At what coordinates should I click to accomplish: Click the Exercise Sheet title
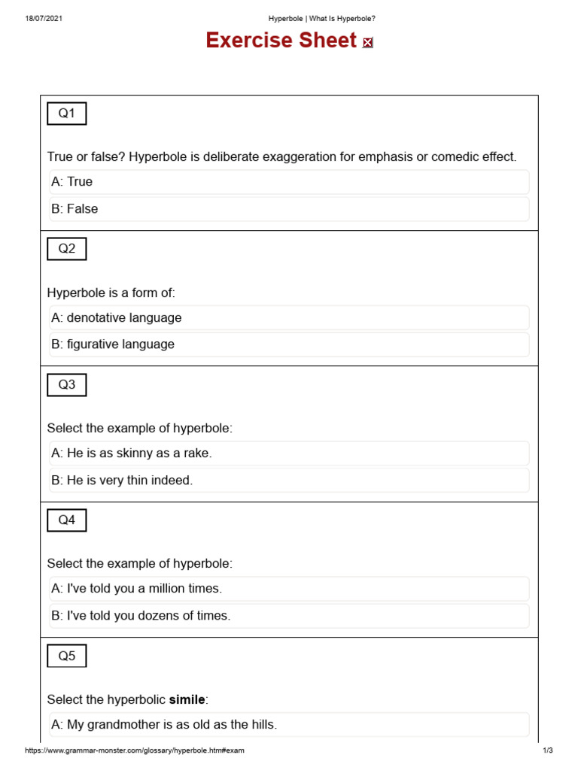[x=281, y=41]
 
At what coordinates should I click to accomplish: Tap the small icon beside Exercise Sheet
[x=367, y=43]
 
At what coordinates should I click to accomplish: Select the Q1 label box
[x=67, y=114]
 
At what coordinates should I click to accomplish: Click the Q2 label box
[x=67, y=249]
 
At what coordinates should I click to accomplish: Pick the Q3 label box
[x=67, y=385]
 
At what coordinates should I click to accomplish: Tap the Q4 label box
[x=67, y=520]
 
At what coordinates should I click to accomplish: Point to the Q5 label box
[x=67, y=656]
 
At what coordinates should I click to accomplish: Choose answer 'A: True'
[x=289, y=182]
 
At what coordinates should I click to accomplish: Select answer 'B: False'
[x=289, y=209]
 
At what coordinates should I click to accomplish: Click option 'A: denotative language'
[x=289, y=318]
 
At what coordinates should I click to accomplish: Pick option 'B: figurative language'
[x=289, y=344]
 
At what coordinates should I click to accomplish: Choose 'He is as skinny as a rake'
[x=289, y=453]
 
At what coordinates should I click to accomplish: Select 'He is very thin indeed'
[x=289, y=480]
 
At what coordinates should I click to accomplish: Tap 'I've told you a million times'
[x=289, y=589]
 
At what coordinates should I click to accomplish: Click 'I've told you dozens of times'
[x=289, y=616]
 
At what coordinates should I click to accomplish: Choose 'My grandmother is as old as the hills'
[x=289, y=725]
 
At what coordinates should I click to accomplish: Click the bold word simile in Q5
[x=187, y=700]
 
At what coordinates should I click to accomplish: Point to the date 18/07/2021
[x=43, y=18]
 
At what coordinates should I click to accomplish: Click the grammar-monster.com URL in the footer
[x=134, y=750]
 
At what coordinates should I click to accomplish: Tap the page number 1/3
[x=547, y=750]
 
